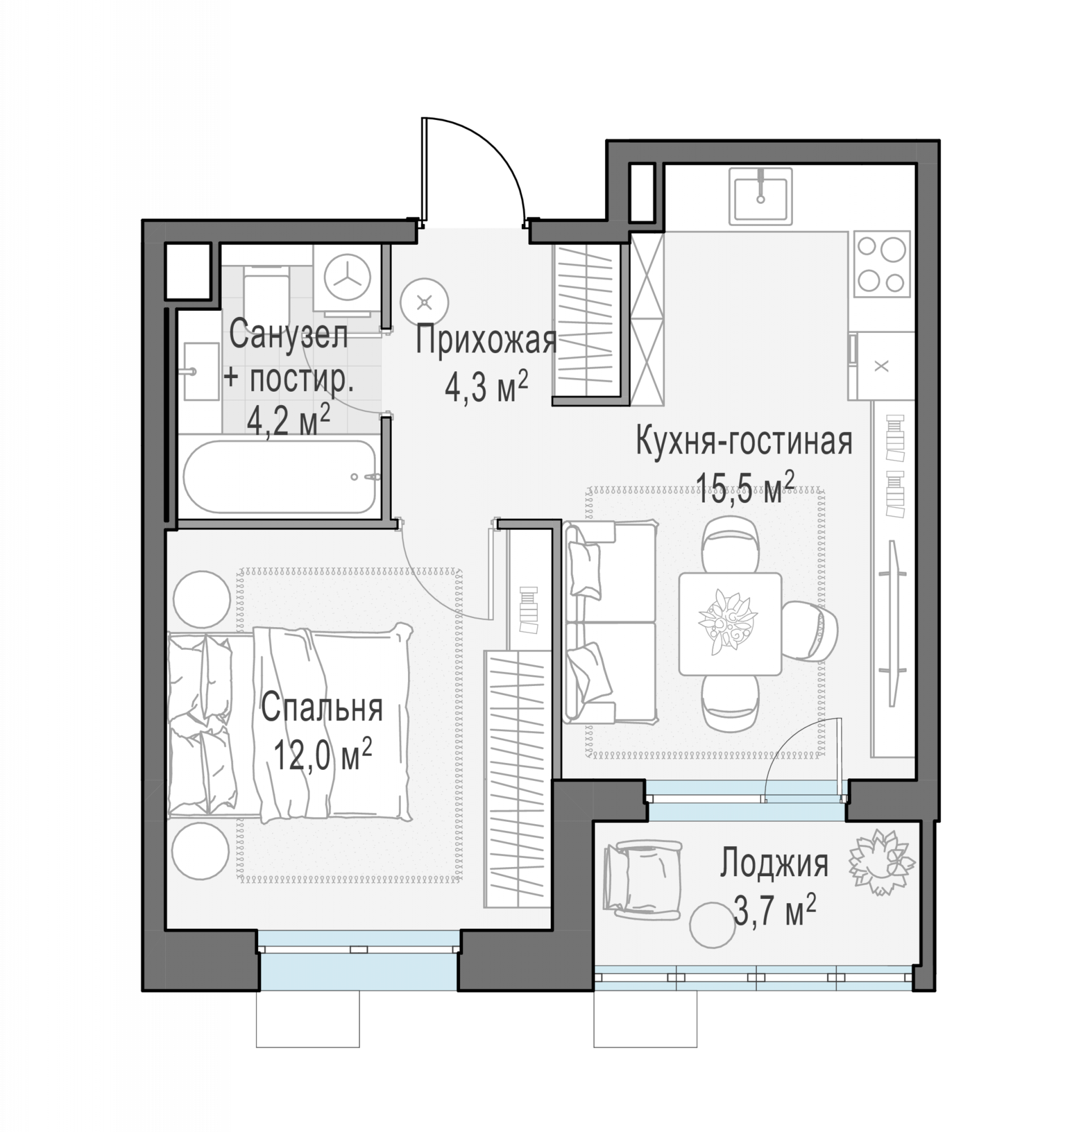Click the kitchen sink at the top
click(760, 196)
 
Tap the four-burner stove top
click(882, 264)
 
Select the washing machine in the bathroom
click(348, 278)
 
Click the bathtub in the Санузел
click(280, 477)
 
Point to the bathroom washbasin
click(201, 371)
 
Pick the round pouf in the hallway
click(424, 302)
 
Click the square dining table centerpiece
click(727, 622)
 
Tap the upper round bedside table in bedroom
click(201, 599)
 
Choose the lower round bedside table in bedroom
click(201, 851)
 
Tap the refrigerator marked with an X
click(882, 366)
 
